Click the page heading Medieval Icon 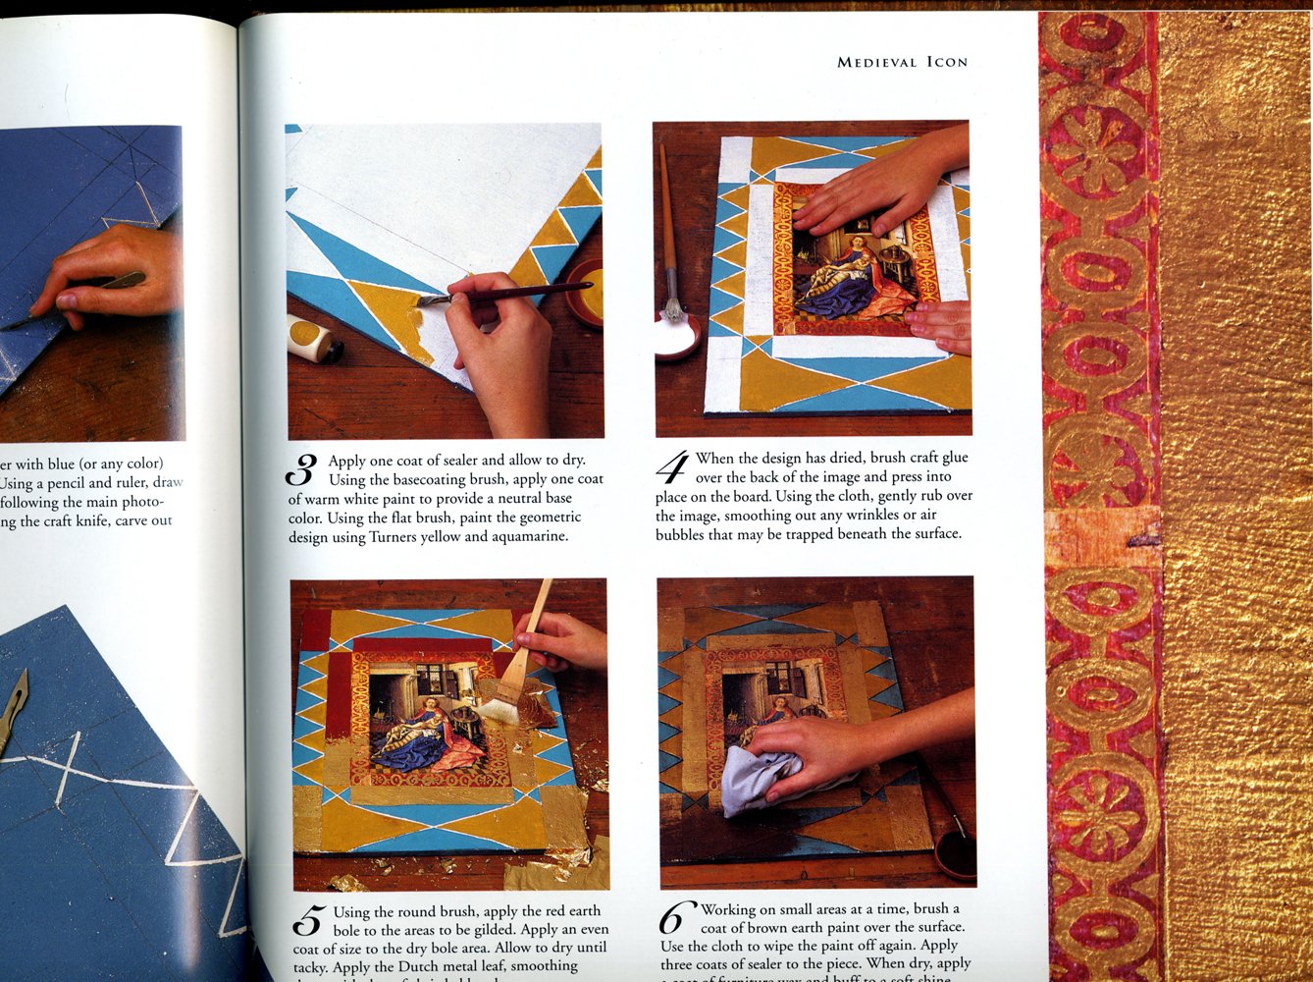pyautogui.click(x=902, y=62)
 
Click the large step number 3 pyautogui.click(x=301, y=470)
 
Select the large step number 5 pyautogui.click(x=307, y=923)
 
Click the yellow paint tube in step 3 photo pyautogui.click(x=313, y=339)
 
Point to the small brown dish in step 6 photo pyautogui.click(x=955, y=853)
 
